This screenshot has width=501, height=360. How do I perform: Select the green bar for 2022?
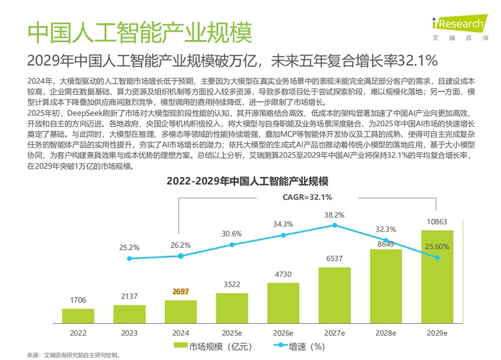pos(78,315)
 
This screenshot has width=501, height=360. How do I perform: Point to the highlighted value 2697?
pos(180,292)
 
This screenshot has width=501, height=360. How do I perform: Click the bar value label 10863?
pos(437,222)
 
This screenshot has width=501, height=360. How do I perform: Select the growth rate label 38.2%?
pos(334,215)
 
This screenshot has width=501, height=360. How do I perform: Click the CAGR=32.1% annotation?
pos(307,197)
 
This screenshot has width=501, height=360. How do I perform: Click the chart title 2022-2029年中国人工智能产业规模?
pos(251,182)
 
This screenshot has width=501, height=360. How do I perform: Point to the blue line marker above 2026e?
pos(283,235)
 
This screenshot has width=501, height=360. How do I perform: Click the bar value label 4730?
pos(283,274)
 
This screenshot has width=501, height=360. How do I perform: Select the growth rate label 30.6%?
pos(232,233)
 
